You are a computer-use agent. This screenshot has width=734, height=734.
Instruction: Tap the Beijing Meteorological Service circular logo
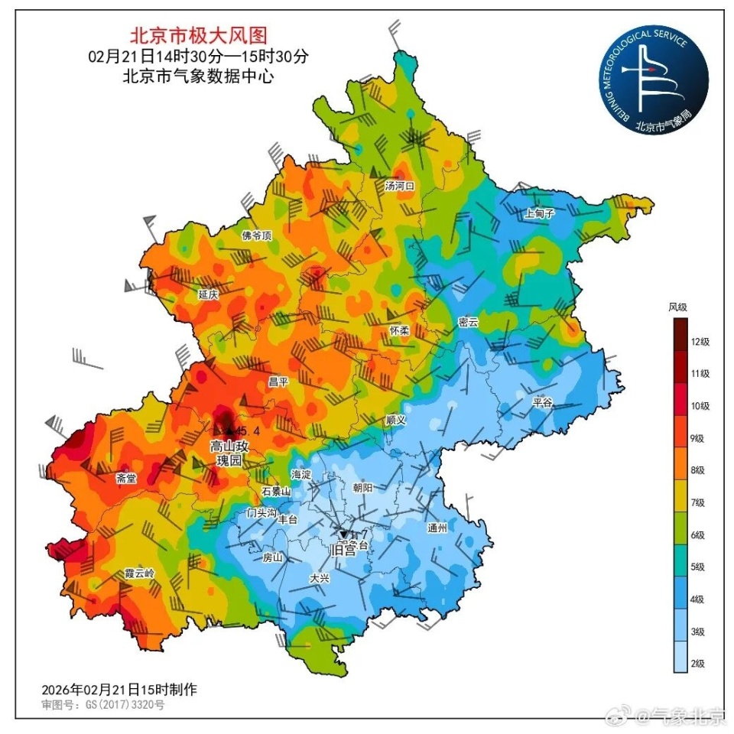[x=654, y=80]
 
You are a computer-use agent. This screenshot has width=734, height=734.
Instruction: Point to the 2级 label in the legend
[x=697, y=664]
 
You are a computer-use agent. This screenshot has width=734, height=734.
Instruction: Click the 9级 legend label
[x=697, y=438]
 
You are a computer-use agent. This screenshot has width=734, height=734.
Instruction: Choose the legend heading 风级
[x=678, y=307]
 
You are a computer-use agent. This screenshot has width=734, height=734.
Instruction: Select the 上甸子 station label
[x=539, y=214]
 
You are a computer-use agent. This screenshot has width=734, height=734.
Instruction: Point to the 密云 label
[x=468, y=322]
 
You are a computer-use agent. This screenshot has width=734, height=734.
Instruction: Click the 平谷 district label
[x=543, y=401]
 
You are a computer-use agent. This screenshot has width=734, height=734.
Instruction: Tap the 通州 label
[x=437, y=528]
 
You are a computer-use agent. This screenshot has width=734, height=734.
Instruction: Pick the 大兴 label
[x=320, y=579]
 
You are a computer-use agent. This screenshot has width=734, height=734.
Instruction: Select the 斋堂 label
[x=127, y=479]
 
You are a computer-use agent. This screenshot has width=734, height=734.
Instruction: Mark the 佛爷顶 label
[x=256, y=235]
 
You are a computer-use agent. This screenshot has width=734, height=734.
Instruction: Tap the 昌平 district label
[x=278, y=382]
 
